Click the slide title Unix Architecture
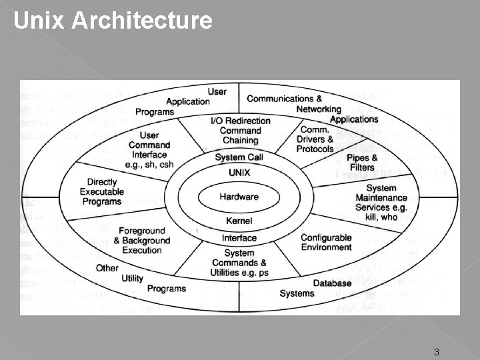coord(113,21)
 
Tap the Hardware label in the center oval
coord(239,197)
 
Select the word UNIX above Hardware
coord(239,172)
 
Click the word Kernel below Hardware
coord(239,221)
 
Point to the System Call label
coord(239,157)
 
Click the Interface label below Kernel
coord(239,238)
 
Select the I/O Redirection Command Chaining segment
coord(240,131)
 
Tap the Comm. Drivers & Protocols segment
coord(317,139)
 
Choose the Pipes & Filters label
coord(362,163)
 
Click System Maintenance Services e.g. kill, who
coord(381,203)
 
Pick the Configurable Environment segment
coord(326,243)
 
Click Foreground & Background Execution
coord(142,241)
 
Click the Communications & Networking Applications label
coord(312,109)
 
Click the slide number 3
coord(436,351)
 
